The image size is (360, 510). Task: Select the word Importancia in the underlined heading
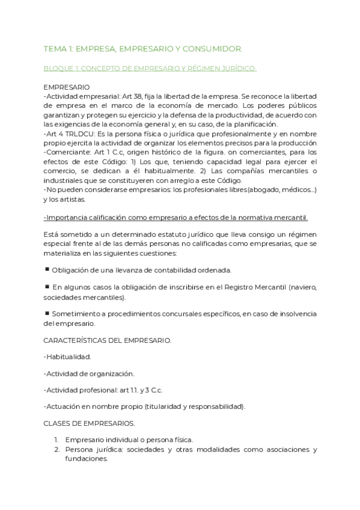[67, 217]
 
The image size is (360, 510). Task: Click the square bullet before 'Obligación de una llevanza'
[47, 269]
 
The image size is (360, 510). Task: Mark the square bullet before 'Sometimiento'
[47, 313]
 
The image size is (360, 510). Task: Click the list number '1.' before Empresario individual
[57, 440]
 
